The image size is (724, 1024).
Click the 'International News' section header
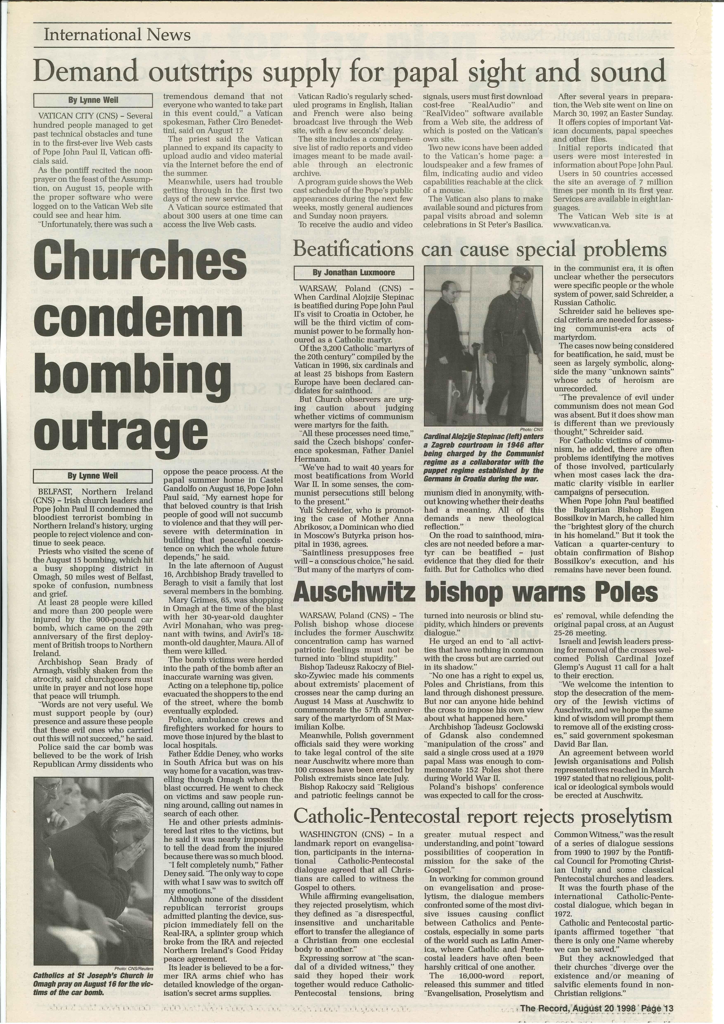pos(117,35)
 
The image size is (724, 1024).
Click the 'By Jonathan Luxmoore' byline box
pos(354,272)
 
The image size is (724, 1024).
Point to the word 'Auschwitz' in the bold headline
pos(354,592)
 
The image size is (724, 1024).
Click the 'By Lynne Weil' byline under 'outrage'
pos(93,476)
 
